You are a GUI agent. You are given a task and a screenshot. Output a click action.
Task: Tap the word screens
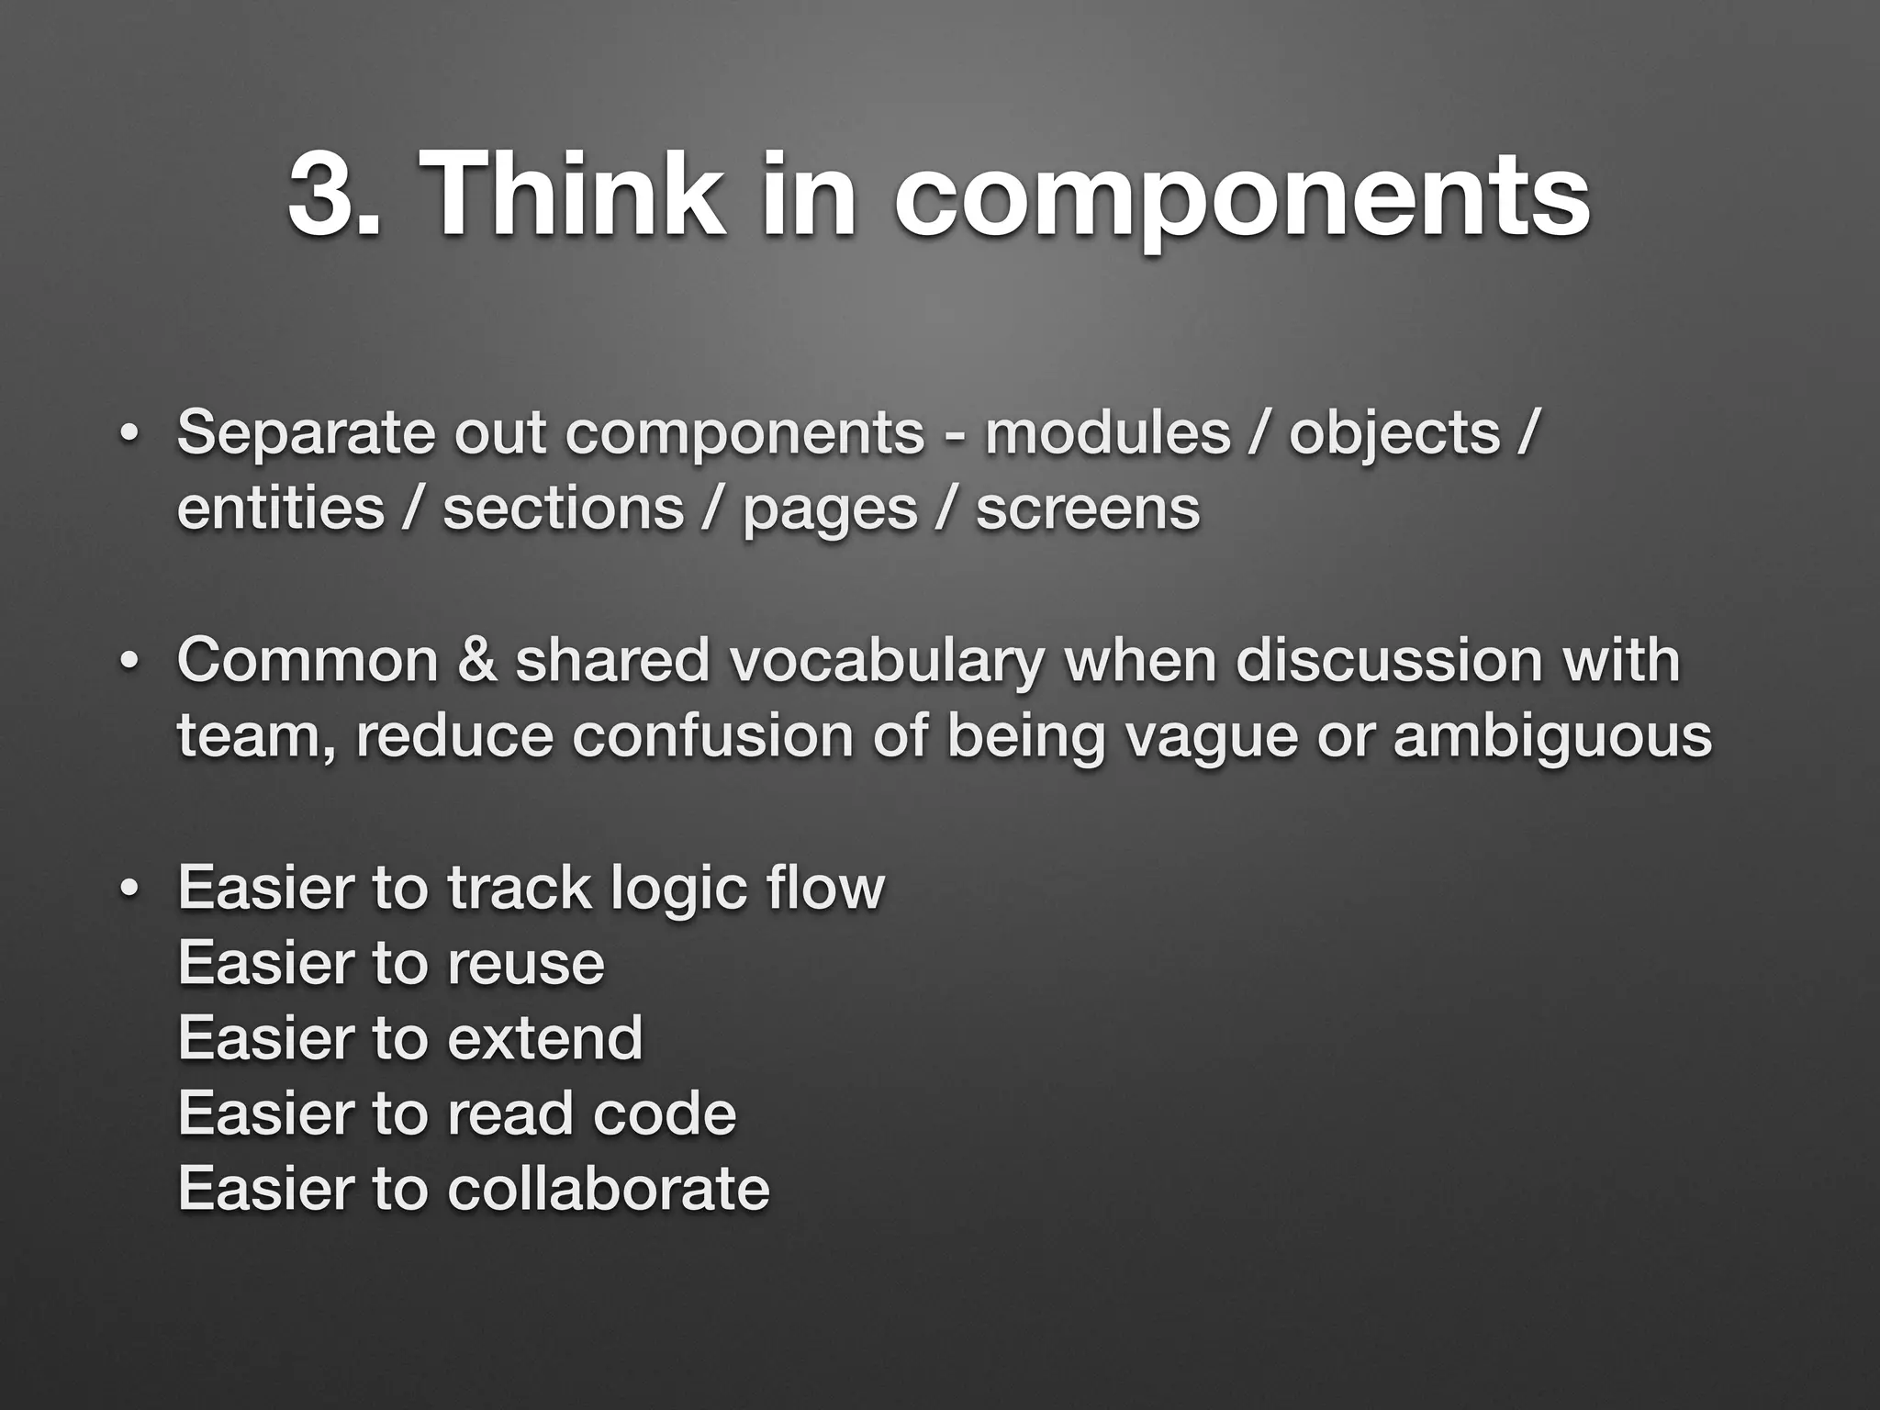pos(1087,510)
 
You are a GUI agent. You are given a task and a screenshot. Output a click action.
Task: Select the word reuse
pos(526,964)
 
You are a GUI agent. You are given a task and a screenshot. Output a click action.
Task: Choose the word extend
pos(544,1038)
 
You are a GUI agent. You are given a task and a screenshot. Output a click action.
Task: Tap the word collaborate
pos(608,1188)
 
